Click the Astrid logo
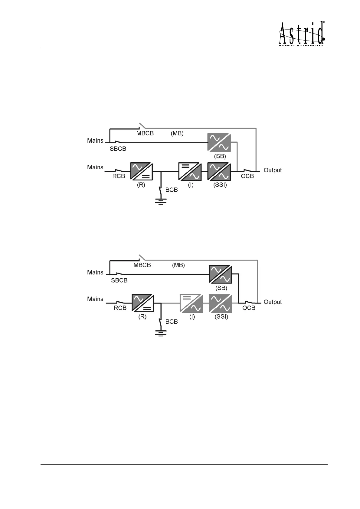(x=302, y=34)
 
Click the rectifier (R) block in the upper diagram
(x=141, y=172)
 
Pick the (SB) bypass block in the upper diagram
(x=219, y=143)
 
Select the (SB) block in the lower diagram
(x=221, y=274)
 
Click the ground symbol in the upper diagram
(x=161, y=201)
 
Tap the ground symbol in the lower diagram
(x=161, y=333)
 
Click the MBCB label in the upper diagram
(x=145, y=133)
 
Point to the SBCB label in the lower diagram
(x=119, y=280)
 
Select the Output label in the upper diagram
(x=273, y=170)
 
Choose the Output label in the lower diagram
(x=273, y=302)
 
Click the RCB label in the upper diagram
(x=119, y=176)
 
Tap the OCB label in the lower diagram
(x=249, y=308)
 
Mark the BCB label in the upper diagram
(x=172, y=190)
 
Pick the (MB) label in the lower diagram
(x=178, y=265)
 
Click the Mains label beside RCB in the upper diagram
(x=95, y=167)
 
